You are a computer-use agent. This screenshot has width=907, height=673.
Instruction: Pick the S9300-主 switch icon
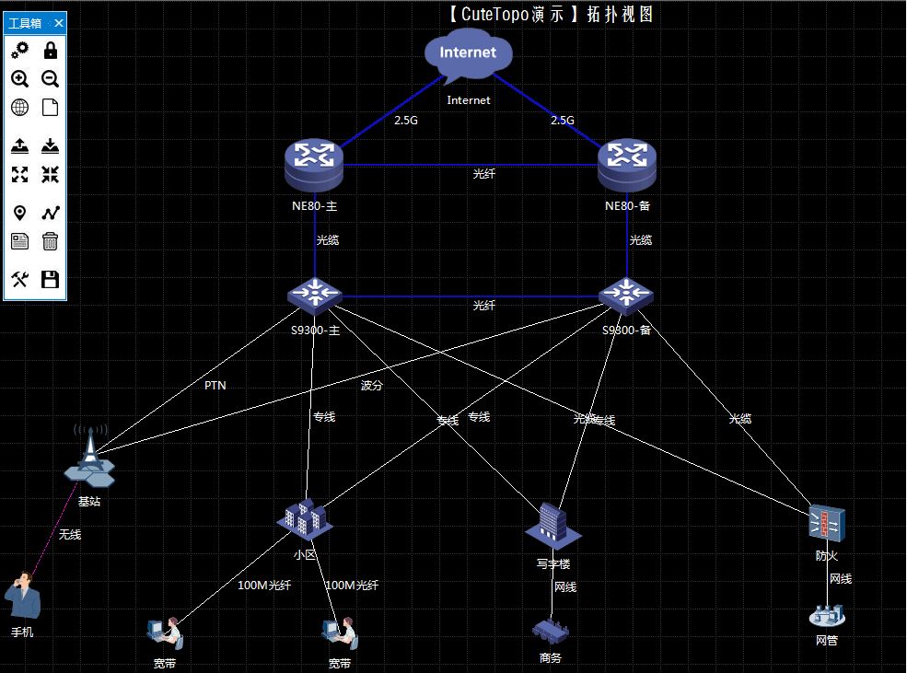coord(314,296)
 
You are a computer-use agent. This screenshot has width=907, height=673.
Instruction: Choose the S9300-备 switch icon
coord(626,296)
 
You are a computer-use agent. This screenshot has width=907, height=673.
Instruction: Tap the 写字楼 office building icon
coord(552,525)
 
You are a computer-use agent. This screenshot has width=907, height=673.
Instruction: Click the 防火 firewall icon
coord(826,524)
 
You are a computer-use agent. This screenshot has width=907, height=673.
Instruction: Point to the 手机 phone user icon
coord(23,597)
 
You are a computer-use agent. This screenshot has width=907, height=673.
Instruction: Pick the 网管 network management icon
coord(826,615)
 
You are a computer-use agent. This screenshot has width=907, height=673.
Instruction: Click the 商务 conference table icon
coord(551,632)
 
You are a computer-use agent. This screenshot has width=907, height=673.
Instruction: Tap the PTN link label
coord(215,386)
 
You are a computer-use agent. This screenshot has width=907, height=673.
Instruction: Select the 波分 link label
coord(372,386)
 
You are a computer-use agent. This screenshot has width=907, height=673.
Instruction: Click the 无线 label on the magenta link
coord(70,534)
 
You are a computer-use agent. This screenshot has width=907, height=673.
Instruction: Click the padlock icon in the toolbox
coord(51,51)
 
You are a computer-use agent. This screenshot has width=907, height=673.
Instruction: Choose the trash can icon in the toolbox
coord(51,241)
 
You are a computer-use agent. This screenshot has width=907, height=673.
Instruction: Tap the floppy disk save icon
coord(51,279)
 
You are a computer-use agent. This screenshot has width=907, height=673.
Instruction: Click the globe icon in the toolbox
coord(19,108)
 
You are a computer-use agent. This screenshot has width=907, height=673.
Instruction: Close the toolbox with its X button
coord(58,23)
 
